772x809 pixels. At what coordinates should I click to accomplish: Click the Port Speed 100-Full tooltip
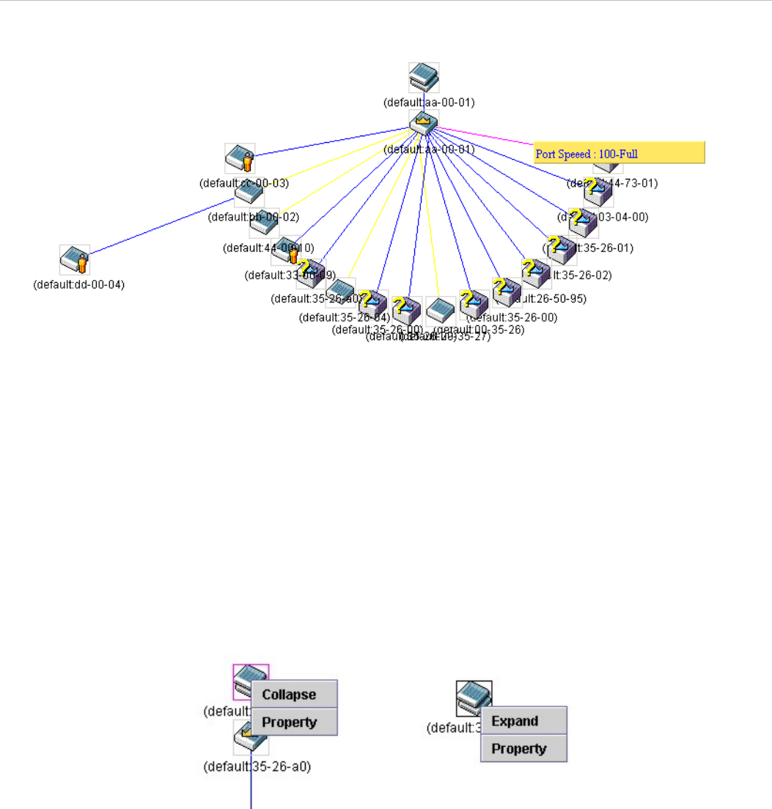tap(619, 154)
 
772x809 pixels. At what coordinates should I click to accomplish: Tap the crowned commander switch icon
tap(424, 123)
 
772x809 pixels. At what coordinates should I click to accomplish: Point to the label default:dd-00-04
tap(79, 284)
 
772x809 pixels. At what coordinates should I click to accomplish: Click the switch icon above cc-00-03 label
tap(240, 158)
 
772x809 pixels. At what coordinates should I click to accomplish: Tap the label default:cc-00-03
tap(244, 182)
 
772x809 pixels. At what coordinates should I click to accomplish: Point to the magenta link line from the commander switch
tap(484, 136)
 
